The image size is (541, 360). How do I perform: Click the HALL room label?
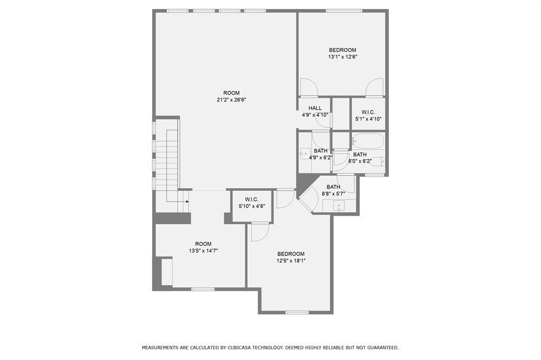coord(315,108)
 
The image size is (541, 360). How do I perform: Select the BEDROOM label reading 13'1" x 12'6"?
coord(342,50)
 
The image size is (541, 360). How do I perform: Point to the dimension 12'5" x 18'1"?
coord(291,260)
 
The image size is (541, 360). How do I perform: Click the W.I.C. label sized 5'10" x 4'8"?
coord(251,200)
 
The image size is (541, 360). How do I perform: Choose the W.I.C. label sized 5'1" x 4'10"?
coord(368,112)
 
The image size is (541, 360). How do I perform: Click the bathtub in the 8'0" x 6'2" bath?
coord(368,140)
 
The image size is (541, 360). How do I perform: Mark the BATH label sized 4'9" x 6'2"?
coord(321,151)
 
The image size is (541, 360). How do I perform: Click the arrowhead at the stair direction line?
coord(188,201)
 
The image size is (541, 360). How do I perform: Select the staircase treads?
coord(172,158)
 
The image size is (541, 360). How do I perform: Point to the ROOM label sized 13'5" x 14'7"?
coord(203,244)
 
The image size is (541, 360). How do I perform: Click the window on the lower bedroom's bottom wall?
coord(297,312)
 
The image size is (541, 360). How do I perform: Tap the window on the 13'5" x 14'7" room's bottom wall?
coord(203,289)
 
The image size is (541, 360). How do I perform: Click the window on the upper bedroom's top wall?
coord(344,11)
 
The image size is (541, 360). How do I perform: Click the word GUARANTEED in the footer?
coord(379,348)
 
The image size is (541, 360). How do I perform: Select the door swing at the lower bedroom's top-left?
coord(260,232)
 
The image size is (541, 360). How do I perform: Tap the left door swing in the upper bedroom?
coord(308,87)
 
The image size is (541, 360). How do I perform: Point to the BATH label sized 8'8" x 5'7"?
coord(333,187)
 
